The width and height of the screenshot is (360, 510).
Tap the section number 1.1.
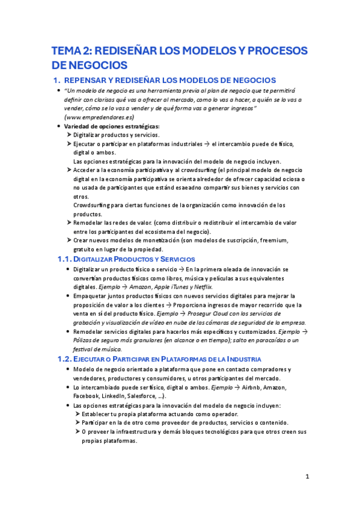[x=64, y=259]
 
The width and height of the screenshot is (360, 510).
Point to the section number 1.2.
[x=64, y=359]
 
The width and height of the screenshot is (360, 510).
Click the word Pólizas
[x=85, y=340]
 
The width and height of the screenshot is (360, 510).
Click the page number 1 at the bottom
[x=307, y=477]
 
